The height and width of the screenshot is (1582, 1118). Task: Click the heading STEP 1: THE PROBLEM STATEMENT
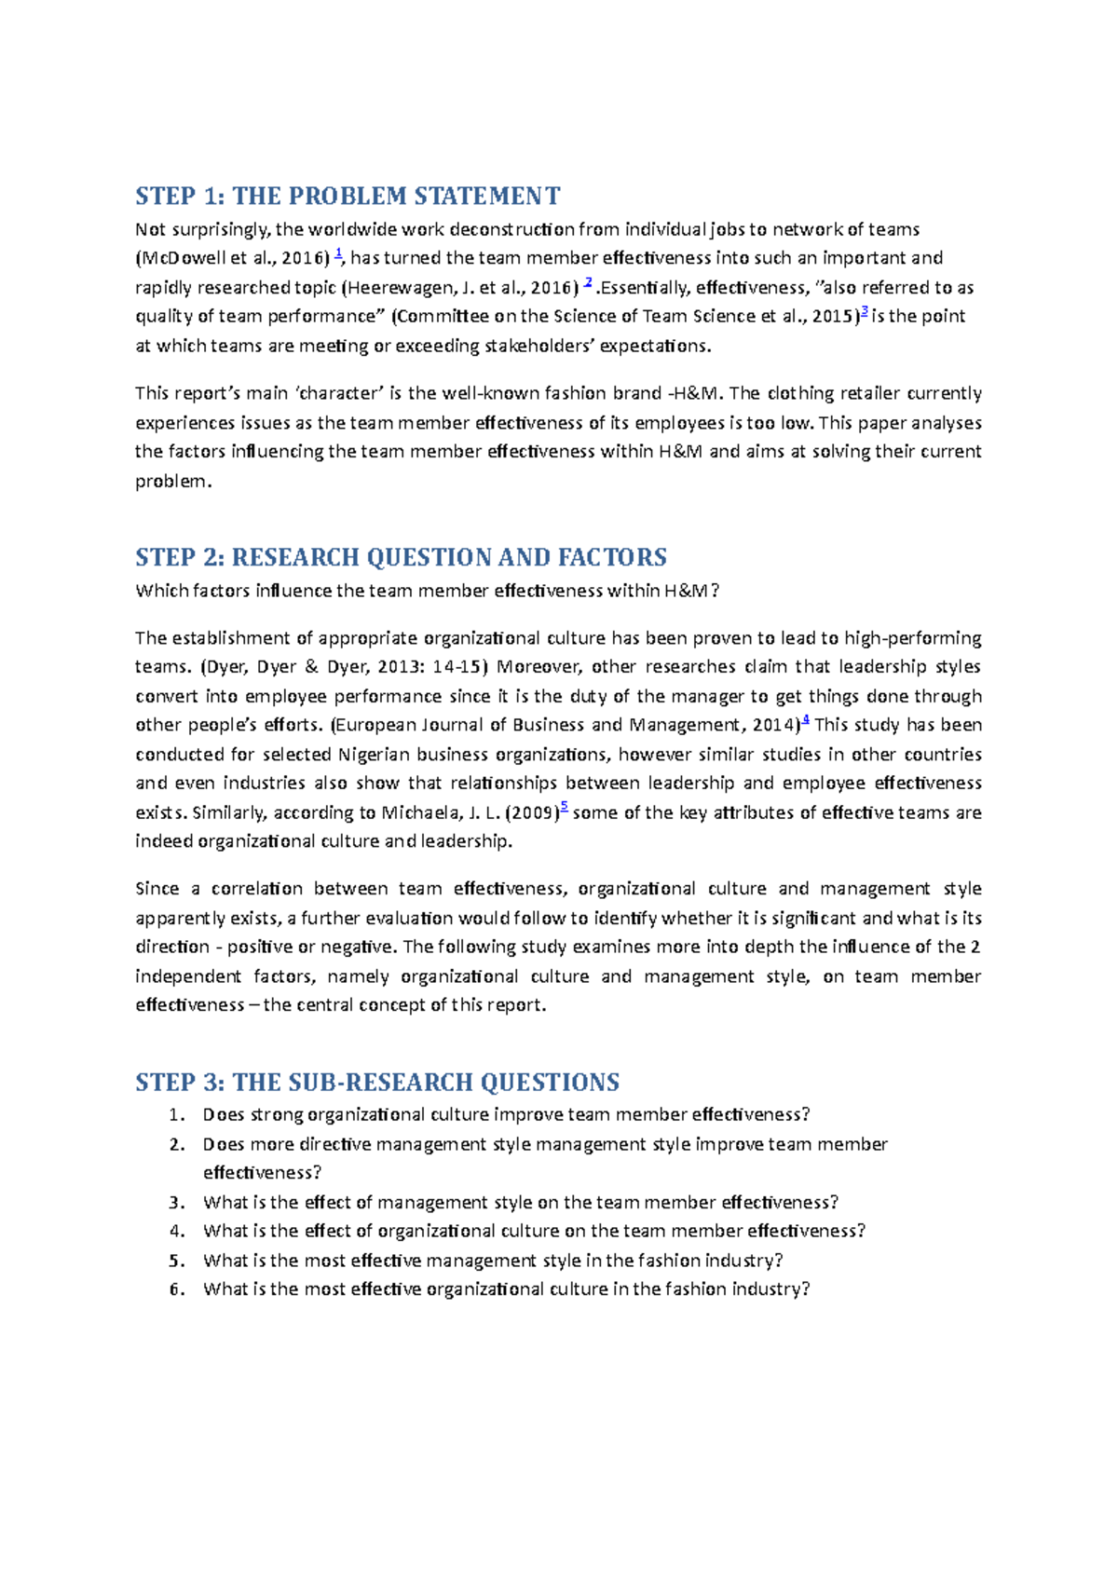pos(348,196)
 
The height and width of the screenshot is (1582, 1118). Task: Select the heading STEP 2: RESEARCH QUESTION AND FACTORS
pos(401,557)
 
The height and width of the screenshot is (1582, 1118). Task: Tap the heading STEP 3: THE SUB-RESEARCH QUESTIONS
pos(377,1082)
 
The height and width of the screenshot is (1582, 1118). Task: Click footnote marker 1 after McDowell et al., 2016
pos(338,253)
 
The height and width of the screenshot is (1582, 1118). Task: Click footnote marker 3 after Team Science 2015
pos(864,312)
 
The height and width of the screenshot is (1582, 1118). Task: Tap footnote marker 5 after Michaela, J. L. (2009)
pos(564,808)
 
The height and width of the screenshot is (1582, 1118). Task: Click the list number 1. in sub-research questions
pos(177,1115)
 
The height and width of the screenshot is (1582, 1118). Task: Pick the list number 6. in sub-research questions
pos(177,1289)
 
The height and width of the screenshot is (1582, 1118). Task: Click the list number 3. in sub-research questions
pos(177,1203)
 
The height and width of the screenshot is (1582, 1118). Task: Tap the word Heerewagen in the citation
pos(397,287)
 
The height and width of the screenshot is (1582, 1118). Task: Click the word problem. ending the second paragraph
pos(173,481)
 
